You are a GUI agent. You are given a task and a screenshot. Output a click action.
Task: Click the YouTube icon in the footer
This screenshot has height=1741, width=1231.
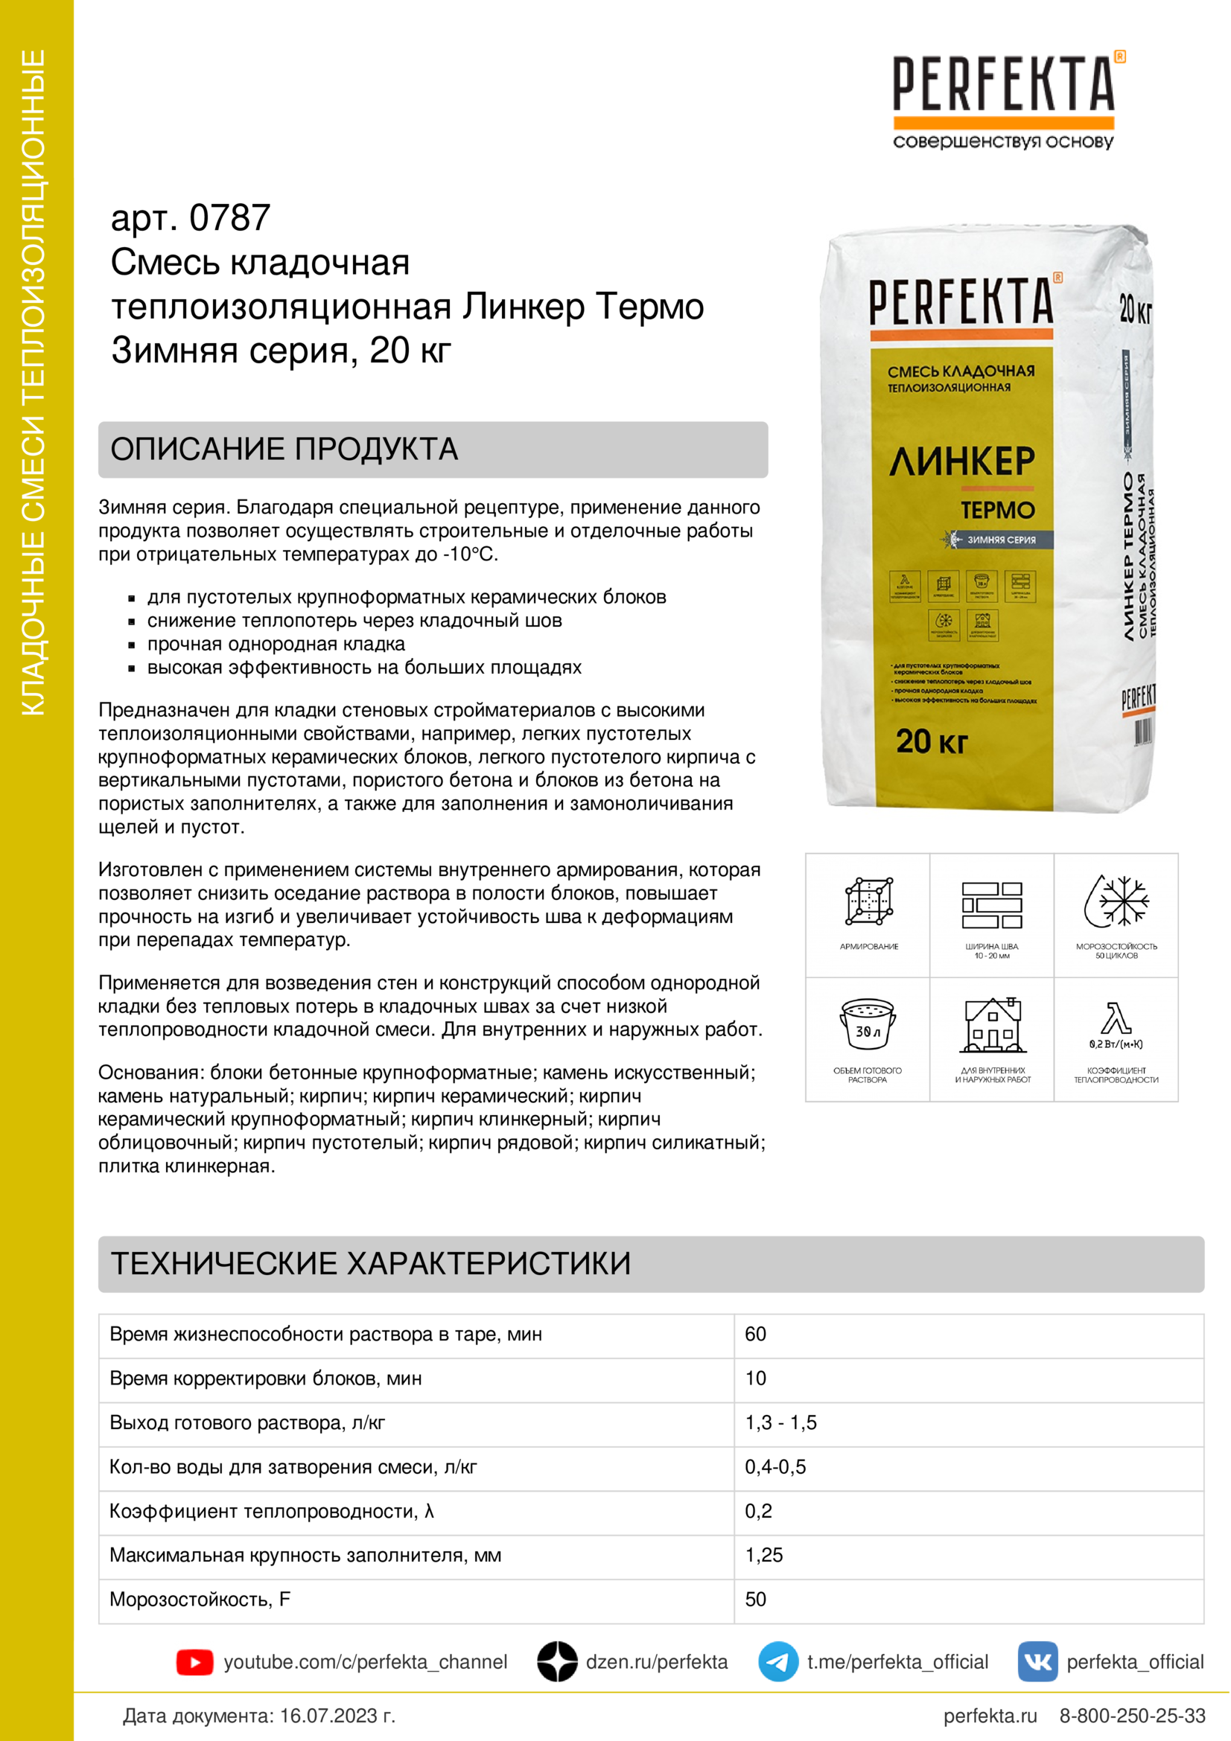tap(194, 1662)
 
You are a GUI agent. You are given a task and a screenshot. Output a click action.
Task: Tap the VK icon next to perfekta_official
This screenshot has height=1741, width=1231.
tap(1037, 1661)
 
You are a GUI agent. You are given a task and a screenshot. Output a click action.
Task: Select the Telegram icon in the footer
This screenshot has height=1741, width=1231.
tap(777, 1661)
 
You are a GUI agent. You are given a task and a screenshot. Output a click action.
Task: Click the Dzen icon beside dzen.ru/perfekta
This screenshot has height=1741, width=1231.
tap(557, 1661)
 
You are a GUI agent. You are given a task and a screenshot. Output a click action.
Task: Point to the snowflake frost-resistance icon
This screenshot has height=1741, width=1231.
tap(1116, 901)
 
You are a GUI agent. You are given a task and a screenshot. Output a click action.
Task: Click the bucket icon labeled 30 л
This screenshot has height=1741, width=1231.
tap(867, 1023)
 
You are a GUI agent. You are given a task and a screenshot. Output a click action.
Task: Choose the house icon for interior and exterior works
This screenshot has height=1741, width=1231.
tap(992, 1025)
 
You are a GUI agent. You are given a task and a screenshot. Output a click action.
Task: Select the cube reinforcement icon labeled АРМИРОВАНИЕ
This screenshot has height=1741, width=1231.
tap(868, 901)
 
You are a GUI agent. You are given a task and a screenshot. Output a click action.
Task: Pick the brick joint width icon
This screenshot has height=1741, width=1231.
tap(991, 904)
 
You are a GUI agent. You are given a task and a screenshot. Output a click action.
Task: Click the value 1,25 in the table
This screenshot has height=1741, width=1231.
tap(763, 1555)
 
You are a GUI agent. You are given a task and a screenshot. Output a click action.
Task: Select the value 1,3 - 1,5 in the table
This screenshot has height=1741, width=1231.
tap(780, 1422)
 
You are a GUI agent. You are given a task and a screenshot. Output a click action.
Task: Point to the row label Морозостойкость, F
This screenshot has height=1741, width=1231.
tap(200, 1599)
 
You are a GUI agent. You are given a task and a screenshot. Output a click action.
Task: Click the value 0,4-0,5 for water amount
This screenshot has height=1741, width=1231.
tap(774, 1466)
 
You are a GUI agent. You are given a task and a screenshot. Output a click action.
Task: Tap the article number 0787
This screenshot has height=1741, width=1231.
tap(229, 218)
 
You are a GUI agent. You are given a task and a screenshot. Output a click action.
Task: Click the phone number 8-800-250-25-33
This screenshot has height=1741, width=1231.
tap(1132, 1716)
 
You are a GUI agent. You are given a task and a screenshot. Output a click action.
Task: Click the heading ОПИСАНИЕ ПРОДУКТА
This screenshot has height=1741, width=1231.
tap(284, 449)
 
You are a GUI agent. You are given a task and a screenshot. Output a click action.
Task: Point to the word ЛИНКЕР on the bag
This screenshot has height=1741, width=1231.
tap(961, 461)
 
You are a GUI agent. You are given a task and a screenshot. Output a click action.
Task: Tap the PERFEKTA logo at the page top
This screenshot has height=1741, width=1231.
tap(1002, 85)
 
